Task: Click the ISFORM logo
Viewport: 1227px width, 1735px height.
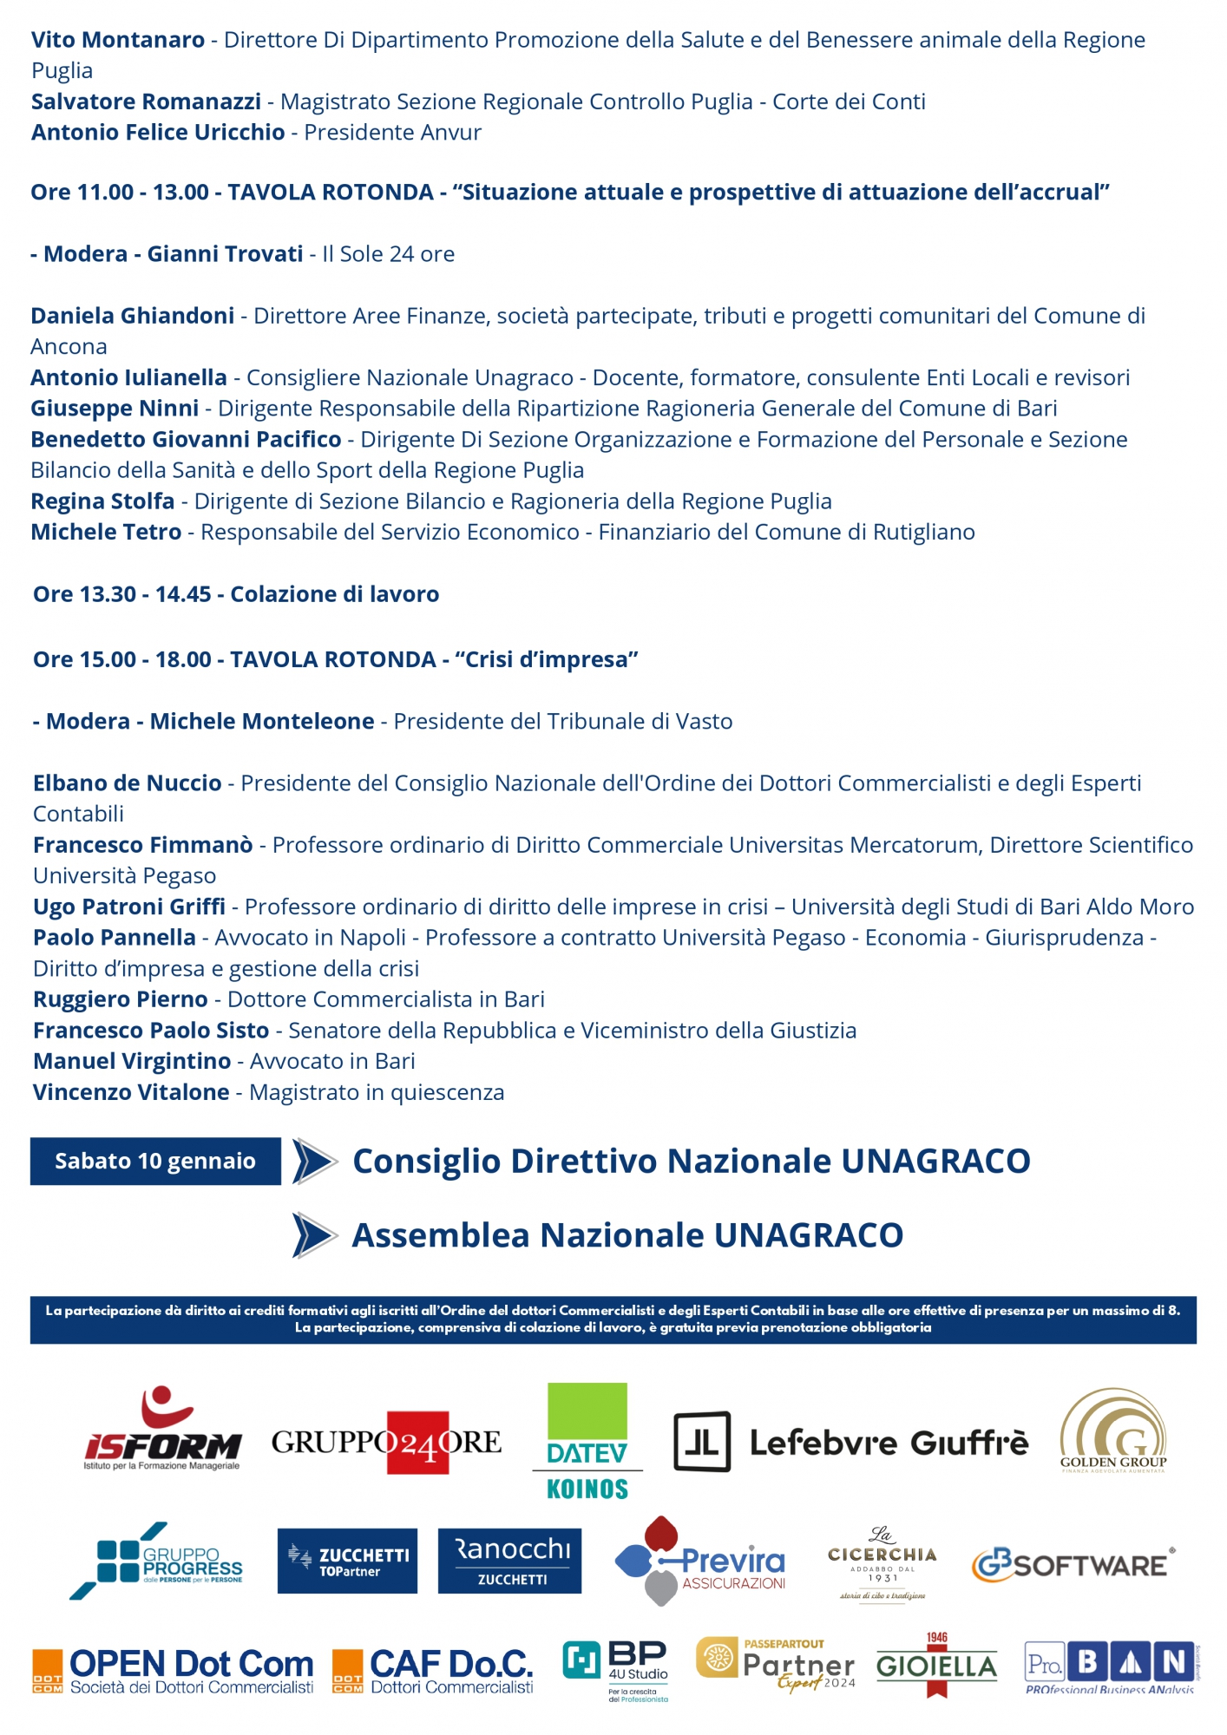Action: [162, 1429]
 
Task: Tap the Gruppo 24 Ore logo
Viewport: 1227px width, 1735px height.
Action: [386, 1443]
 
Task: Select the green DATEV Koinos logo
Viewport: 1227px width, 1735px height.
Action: [587, 1441]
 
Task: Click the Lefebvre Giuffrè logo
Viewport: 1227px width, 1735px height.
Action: [850, 1442]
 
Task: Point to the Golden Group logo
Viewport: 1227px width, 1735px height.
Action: [1113, 1431]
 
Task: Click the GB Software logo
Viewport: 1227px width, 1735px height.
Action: [1073, 1564]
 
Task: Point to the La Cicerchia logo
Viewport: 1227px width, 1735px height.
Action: [882, 1563]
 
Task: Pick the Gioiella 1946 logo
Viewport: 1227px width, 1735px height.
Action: [936, 1666]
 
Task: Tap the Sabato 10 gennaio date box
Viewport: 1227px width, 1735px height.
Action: [155, 1161]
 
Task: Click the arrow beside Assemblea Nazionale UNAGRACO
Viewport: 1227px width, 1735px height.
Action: [314, 1235]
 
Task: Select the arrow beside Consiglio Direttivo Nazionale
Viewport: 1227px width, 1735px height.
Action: [314, 1161]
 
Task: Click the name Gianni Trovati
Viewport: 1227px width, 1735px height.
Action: [225, 254]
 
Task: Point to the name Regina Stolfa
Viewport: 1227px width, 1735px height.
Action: [102, 501]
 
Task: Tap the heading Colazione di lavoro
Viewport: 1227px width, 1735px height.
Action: [334, 594]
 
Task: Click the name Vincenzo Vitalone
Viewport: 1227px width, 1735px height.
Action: [131, 1092]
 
